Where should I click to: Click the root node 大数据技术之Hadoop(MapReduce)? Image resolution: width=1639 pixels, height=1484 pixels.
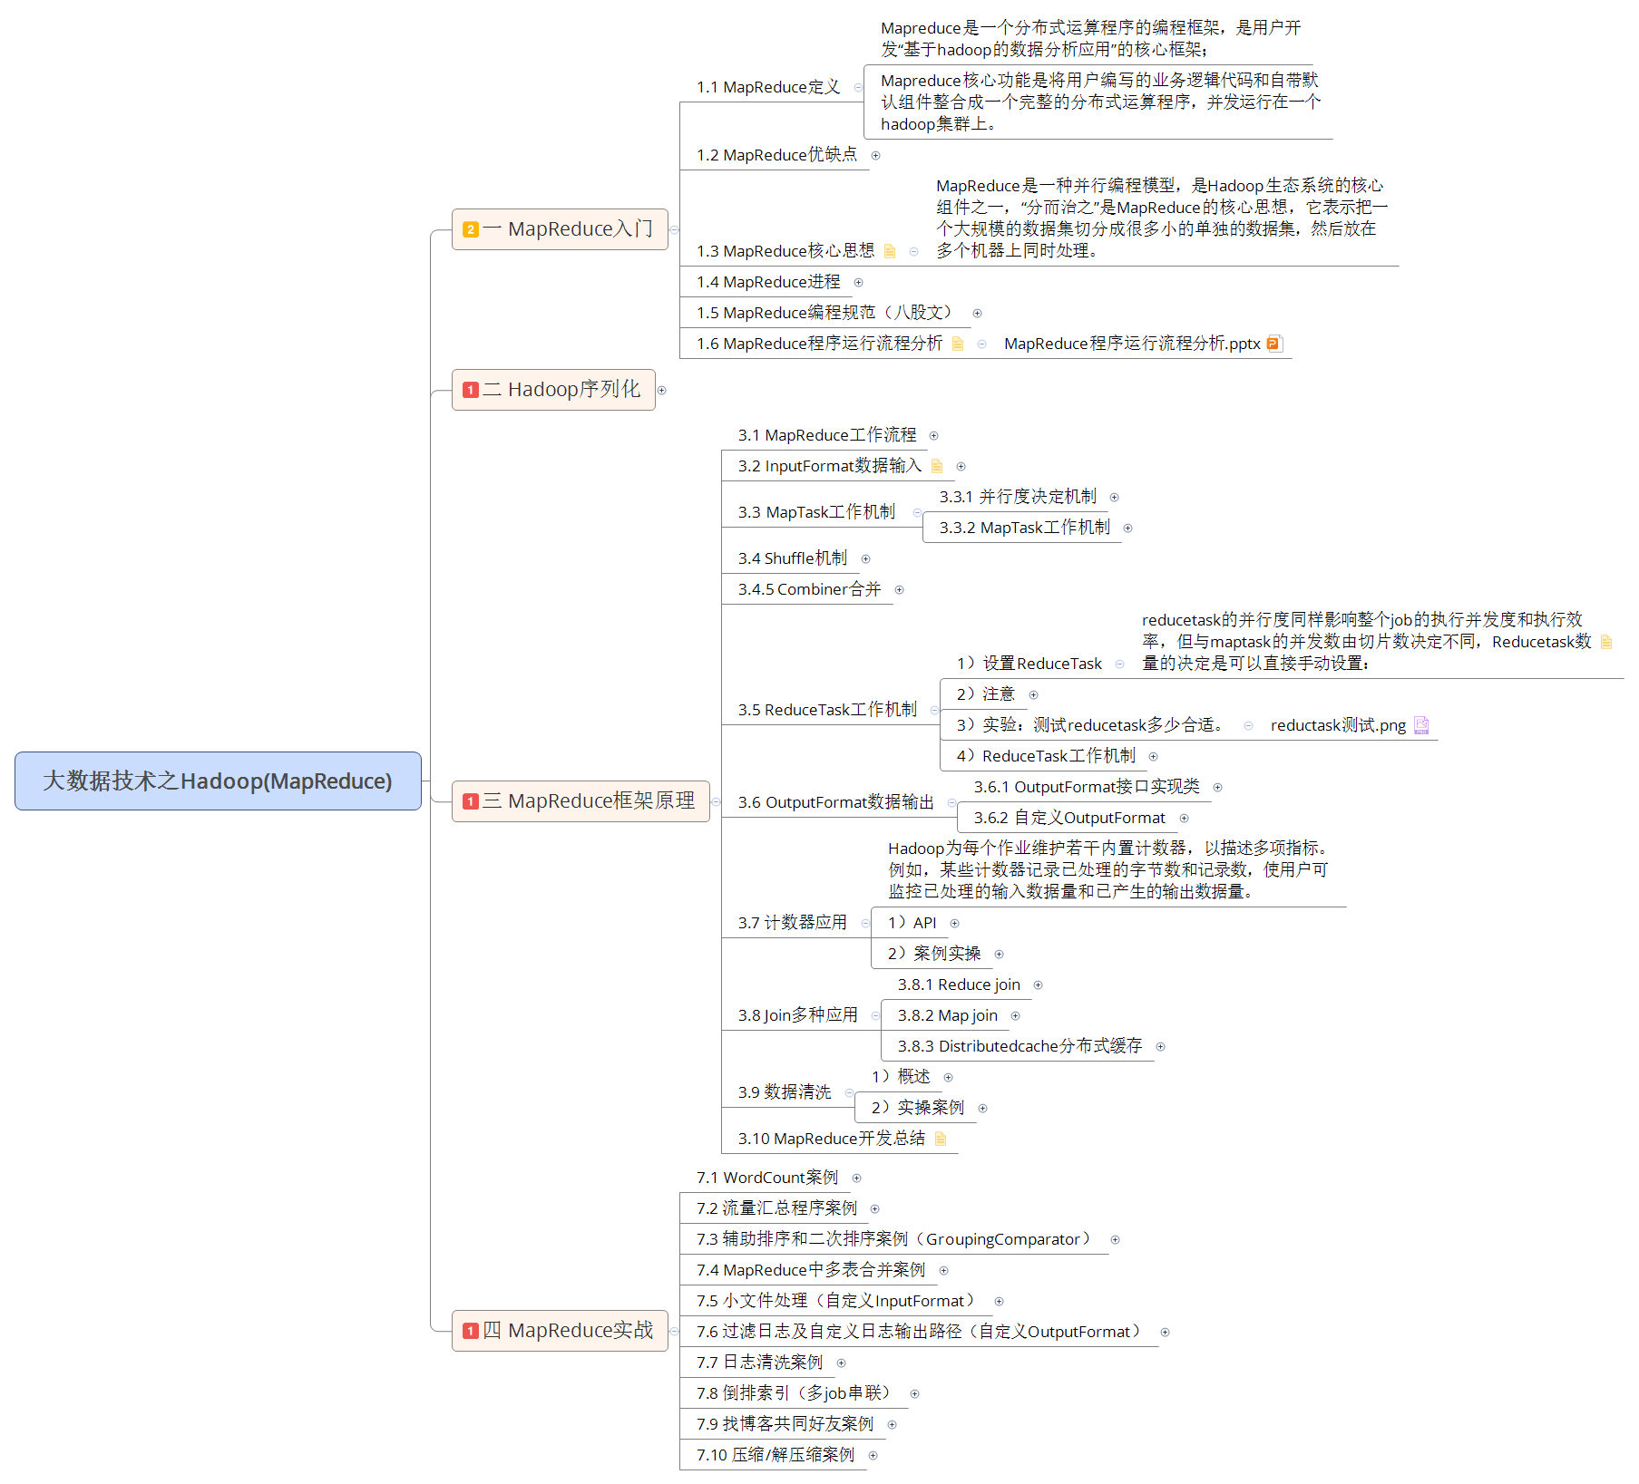(218, 781)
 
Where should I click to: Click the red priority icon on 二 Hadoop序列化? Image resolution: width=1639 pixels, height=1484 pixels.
(470, 390)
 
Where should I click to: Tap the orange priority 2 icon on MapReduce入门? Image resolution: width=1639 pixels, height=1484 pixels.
(470, 229)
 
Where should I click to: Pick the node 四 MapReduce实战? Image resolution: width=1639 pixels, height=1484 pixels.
(567, 1331)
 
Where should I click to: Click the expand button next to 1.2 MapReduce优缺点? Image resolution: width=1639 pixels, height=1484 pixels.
(875, 156)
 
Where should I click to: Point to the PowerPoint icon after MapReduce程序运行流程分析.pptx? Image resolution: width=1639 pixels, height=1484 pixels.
(1273, 344)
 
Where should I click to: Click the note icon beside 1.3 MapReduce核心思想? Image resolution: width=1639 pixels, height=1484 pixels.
(890, 251)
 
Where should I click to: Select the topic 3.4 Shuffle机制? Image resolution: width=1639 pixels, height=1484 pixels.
(792, 558)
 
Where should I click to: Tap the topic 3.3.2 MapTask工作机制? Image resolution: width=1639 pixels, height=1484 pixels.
(1024, 528)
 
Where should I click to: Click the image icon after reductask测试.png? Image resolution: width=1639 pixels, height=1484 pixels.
(1421, 725)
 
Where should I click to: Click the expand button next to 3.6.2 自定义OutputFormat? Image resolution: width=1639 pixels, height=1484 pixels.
(1184, 818)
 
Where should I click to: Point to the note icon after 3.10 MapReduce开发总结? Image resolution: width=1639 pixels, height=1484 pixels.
(941, 1139)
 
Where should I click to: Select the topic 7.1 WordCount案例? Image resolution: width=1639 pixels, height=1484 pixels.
(766, 1178)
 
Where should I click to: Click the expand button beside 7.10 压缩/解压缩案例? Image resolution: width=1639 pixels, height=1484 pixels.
(873, 1455)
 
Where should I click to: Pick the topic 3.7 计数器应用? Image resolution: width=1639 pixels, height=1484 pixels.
(792, 923)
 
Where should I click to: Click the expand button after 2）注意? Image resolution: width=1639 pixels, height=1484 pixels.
(1033, 694)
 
